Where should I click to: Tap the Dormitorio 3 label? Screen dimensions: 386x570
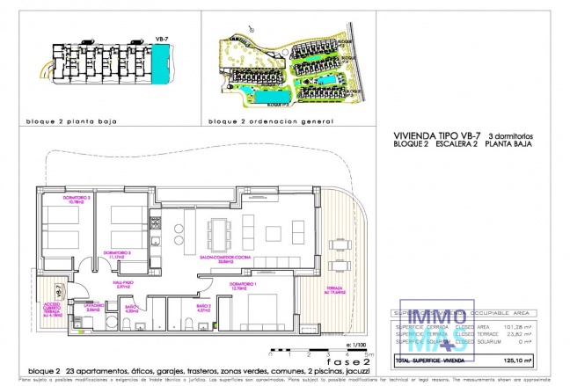[117, 253]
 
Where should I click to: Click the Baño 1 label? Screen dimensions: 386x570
[202, 309]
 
